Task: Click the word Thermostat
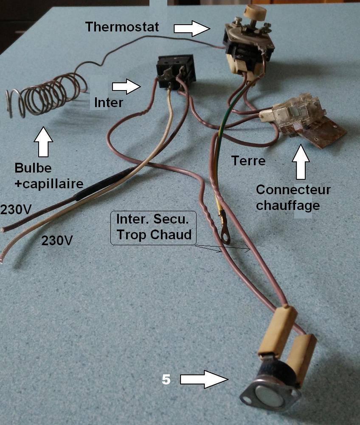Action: point(122,27)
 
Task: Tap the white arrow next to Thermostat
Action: point(192,28)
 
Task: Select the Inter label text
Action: point(109,102)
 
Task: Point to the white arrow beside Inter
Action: point(126,87)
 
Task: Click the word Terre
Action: point(248,161)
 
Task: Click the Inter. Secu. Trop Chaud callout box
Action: point(154,227)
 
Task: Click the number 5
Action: point(166,379)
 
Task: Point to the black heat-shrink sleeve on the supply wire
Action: point(102,185)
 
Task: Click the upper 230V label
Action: point(15,210)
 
